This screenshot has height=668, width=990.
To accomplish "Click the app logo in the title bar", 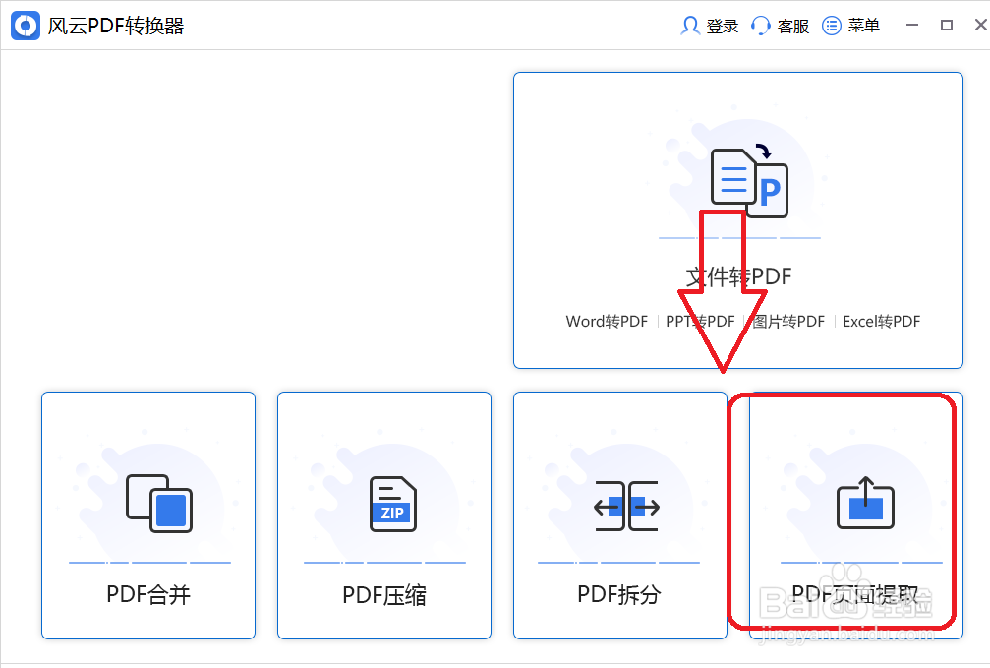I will coord(26,26).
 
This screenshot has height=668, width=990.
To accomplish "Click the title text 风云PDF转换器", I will coord(116,27).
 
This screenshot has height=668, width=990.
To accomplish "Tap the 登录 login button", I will coord(710,27).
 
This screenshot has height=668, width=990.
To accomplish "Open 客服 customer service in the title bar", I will coord(781,27).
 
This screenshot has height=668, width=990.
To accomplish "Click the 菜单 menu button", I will coord(851,27).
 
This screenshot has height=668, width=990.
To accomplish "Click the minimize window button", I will coord(912,27).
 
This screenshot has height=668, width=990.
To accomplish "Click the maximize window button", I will coord(947,27).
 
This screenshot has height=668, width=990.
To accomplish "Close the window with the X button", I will coord(979,27).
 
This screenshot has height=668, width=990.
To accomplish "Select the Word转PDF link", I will coord(607,322).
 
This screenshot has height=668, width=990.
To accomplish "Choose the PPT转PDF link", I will coord(700,322).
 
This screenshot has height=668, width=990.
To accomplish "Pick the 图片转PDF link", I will coord(788,322).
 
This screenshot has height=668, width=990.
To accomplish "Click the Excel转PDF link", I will coord(881,322).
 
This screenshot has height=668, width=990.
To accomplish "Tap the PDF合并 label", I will coord(148,594).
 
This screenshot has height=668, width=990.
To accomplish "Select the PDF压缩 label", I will coord(384,594).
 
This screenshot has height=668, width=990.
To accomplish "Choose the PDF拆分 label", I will coord(619,594).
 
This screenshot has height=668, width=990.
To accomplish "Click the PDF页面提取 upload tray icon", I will coord(865,503).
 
